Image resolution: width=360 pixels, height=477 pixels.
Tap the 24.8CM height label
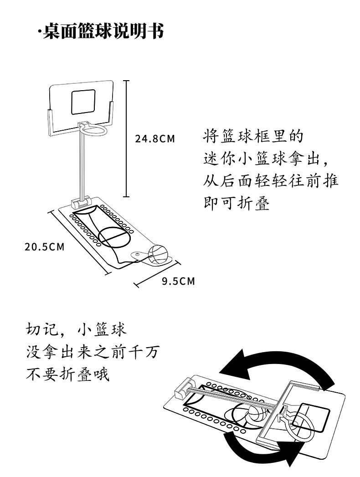pos(155,138)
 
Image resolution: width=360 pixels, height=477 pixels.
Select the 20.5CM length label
pos(45,247)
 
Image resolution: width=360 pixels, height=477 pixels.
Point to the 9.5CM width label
pos(178,281)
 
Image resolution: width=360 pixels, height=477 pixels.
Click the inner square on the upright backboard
pos(83,102)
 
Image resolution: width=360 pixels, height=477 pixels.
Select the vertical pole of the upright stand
pos(83,164)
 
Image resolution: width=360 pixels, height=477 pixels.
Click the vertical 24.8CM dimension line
pos(126,138)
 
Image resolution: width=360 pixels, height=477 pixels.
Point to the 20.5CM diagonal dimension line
pos(79,241)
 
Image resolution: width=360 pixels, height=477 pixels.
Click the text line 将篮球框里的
pos(253,136)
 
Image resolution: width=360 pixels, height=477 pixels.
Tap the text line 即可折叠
pos(237,203)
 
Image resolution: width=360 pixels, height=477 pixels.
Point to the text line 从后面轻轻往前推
pos(271,181)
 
